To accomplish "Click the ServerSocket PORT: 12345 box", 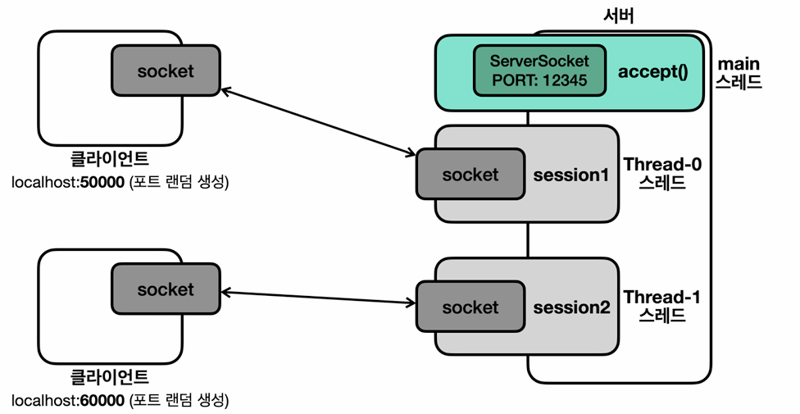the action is pyautogui.click(x=540, y=71).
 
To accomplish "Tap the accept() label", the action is pyautogui.click(x=653, y=71).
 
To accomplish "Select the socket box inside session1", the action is pyautogui.click(x=470, y=174).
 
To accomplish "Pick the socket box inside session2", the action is pyautogui.click(x=470, y=307).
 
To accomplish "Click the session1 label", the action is pyautogui.click(x=571, y=175).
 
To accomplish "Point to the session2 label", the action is pyautogui.click(x=571, y=307).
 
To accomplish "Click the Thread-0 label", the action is pyautogui.click(x=662, y=165).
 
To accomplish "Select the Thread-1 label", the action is pyautogui.click(x=661, y=297).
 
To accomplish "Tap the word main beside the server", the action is pyautogui.click(x=739, y=64).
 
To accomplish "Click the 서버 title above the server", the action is pyautogui.click(x=618, y=16).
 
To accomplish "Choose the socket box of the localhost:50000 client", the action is pyautogui.click(x=166, y=71).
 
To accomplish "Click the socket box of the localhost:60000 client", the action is pyautogui.click(x=166, y=289).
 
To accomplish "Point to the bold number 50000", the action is pyautogui.click(x=102, y=182).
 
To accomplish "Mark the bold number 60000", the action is pyautogui.click(x=102, y=401).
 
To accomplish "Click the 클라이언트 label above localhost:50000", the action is pyautogui.click(x=109, y=159).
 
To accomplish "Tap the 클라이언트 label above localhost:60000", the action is pyautogui.click(x=109, y=377).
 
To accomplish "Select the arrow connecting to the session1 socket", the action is pyautogui.click(x=318, y=121).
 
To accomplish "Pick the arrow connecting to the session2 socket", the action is pyautogui.click(x=318, y=298).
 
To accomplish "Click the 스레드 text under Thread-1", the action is pyautogui.click(x=661, y=315).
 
